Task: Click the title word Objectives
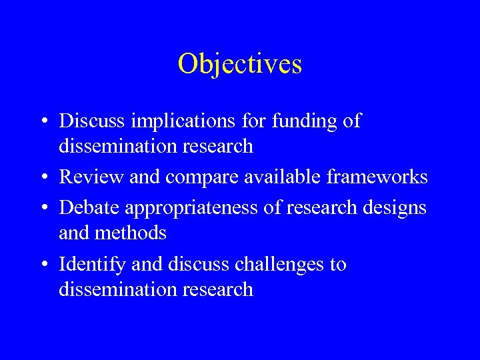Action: (x=240, y=64)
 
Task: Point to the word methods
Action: (x=131, y=233)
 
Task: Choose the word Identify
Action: (x=91, y=265)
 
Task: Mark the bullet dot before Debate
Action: (x=43, y=208)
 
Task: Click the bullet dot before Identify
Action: (x=43, y=265)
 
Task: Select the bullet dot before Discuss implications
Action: (x=43, y=121)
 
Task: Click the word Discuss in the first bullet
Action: (x=90, y=121)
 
